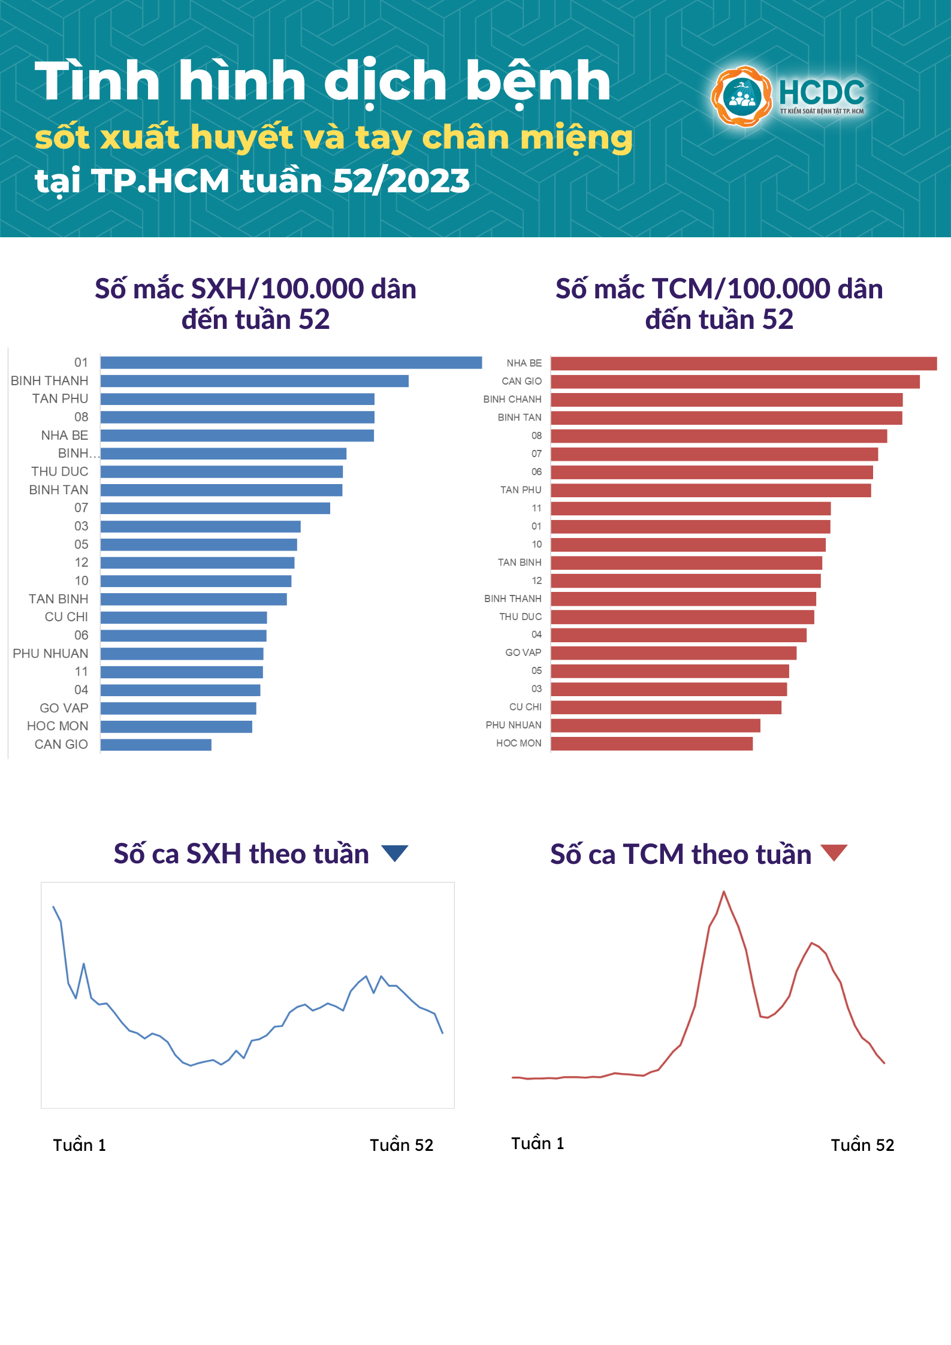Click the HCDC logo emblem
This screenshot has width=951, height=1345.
point(742,96)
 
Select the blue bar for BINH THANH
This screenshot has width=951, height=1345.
point(254,381)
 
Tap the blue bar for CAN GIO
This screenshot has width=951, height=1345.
point(156,745)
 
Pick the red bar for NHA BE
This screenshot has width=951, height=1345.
point(743,364)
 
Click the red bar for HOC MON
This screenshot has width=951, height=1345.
point(651,743)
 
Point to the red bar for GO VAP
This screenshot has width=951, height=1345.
point(674,653)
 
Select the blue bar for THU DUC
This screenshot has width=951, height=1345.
point(222,472)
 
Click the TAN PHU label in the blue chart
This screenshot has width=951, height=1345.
point(60,399)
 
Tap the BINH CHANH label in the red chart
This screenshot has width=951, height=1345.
point(512,400)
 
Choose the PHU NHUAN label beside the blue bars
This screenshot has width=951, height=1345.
point(50,654)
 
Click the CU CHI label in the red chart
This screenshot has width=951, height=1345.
point(525,707)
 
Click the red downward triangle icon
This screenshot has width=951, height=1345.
point(834,852)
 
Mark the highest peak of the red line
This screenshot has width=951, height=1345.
point(724,892)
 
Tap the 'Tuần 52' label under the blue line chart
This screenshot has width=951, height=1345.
point(401,1145)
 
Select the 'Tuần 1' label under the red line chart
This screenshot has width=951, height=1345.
point(538,1144)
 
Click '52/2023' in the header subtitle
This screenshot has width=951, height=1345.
point(401,181)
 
